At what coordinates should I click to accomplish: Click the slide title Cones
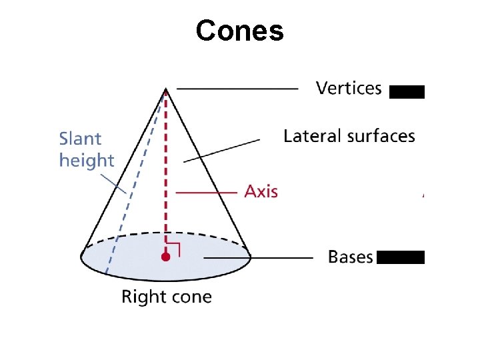[x=240, y=31]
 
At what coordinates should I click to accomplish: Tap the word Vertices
[x=349, y=88]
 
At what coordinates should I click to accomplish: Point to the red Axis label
[x=261, y=191]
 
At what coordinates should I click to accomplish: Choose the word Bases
[x=351, y=257]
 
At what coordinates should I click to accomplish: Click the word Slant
[x=80, y=139]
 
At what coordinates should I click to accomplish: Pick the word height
[x=87, y=161]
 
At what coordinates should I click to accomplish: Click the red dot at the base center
[x=165, y=256]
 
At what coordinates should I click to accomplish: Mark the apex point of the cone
[x=165, y=89]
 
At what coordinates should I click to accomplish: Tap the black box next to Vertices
[x=407, y=92]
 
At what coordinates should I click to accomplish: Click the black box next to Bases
[x=401, y=257]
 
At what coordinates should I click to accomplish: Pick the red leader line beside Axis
[x=207, y=192]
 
